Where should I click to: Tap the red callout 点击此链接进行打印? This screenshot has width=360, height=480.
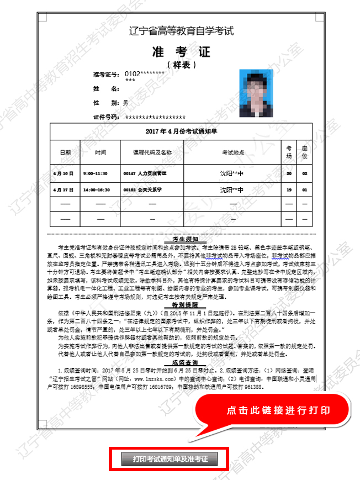(278, 410)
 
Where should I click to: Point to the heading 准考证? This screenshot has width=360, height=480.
(181, 52)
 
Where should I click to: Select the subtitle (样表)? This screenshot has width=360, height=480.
(181, 65)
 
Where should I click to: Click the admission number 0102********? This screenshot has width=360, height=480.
(145, 73)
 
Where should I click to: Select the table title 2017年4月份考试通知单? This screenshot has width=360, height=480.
(181, 131)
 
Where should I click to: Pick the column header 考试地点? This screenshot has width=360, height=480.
(232, 152)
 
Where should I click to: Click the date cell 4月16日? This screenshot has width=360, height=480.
(63, 173)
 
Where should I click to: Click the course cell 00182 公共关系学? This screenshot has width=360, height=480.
(145, 189)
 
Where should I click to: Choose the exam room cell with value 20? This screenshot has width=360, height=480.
(289, 173)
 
